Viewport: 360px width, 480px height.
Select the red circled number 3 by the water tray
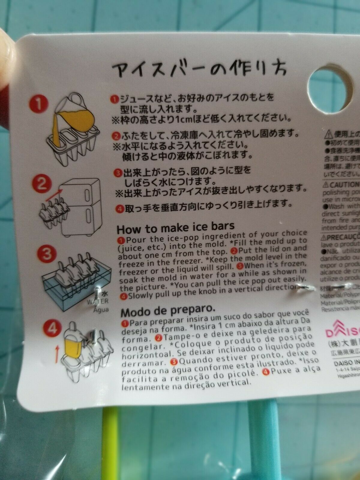(x=47, y=254)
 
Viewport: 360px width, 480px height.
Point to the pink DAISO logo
(x=342, y=331)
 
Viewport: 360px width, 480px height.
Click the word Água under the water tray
(x=101, y=309)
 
